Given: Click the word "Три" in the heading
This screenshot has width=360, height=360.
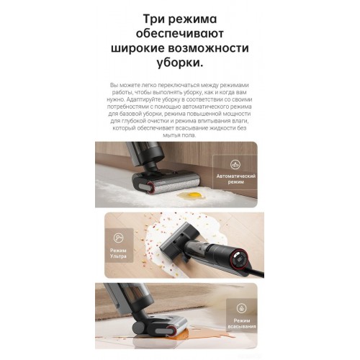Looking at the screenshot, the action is [x=153, y=19].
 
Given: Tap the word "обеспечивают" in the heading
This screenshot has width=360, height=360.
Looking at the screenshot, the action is [x=180, y=33].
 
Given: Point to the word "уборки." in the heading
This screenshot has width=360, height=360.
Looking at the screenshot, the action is [x=180, y=63].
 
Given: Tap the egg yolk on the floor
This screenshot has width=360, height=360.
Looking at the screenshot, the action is [x=191, y=194].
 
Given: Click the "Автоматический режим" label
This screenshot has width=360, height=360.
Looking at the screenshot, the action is [x=236, y=179].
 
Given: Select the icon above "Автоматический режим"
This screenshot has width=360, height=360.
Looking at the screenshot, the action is [x=235, y=165].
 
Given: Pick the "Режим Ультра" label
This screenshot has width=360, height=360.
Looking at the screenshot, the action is [x=118, y=253].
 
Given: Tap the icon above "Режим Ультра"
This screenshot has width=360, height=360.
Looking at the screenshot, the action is [x=118, y=238].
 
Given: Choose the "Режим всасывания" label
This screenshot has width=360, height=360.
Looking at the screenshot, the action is [x=242, y=323].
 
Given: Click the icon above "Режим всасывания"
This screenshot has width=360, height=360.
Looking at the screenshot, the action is [x=241, y=308].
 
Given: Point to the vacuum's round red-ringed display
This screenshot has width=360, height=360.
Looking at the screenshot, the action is [x=240, y=261].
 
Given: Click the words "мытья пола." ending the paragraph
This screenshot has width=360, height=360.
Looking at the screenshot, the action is [x=179, y=135].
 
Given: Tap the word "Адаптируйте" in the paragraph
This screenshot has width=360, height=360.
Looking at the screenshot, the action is [x=141, y=99].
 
